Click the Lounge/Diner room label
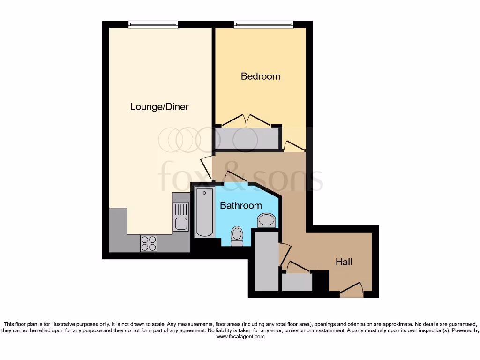[x=159, y=107]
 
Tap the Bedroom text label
[x=260, y=76]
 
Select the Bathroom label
[x=240, y=205]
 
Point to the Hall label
[x=344, y=262]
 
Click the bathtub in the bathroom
[x=204, y=211]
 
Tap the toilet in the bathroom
[x=237, y=235]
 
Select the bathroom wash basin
[x=267, y=220]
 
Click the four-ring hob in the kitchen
[x=149, y=243]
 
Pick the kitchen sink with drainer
[x=180, y=216]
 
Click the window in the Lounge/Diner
[x=153, y=24]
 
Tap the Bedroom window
[x=263, y=24]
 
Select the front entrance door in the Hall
[x=352, y=289]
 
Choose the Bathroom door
[x=236, y=177]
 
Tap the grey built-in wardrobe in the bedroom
[x=247, y=138]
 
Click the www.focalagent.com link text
[x=240, y=337]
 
